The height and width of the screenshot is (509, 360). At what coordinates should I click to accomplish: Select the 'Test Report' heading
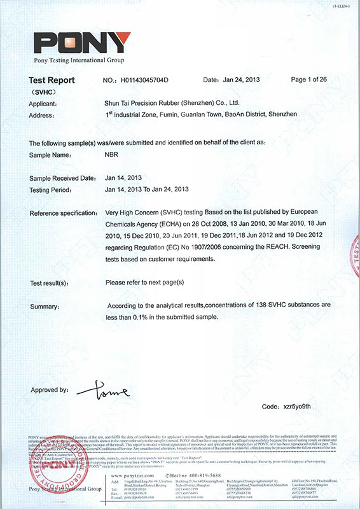click(52, 80)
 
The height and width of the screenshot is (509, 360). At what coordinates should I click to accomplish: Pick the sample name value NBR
click(112, 155)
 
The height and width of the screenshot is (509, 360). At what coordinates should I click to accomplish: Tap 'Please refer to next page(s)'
click(144, 282)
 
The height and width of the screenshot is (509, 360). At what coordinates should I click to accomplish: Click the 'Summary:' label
click(45, 307)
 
